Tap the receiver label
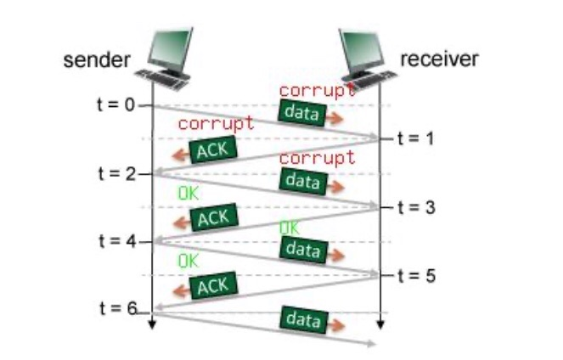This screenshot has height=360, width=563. pos(439,59)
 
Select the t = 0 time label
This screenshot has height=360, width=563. pos(117,105)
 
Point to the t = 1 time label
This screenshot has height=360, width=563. pos(415,138)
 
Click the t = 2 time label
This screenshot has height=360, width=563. pos(117,173)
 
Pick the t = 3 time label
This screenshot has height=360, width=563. pos(415,207)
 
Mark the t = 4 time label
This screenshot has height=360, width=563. pos(117,240)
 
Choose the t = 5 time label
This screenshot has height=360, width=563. pos(415,275)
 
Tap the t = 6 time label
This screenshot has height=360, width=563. pos(117,308)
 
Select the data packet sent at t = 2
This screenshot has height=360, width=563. pos(302,180)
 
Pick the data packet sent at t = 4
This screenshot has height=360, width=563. pos(302,249)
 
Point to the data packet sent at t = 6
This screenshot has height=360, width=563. pos(302,320)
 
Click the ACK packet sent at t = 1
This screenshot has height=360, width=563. pos(212,150)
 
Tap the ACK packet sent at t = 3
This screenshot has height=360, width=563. pos(212,218)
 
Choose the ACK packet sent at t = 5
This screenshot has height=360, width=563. pos(212,286)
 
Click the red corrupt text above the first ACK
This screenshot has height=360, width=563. pos(216,124)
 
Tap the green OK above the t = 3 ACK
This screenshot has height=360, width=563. pos(188,194)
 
